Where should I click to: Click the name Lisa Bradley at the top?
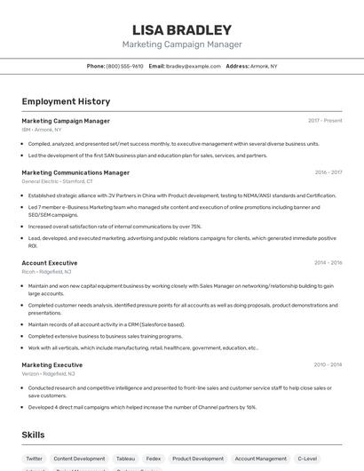pyautogui.click(x=181, y=29)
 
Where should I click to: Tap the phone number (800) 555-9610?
pyautogui.click(x=124, y=66)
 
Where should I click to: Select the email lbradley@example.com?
pyautogui.click(x=193, y=66)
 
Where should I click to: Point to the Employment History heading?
pyautogui.click(x=66, y=101)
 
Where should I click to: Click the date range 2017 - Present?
pyautogui.click(x=325, y=120)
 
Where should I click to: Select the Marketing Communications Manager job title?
pyautogui.click(x=75, y=172)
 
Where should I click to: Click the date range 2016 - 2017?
pyautogui.click(x=328, y=172)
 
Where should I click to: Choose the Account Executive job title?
pyautogui.click(x=50, y=263)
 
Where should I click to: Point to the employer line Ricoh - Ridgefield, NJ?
pyautogui.click(x=46, y=272)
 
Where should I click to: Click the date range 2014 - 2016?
pyautogui.click(x=328, y=263)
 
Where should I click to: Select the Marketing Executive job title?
pyautogui.click(x=51, y=364)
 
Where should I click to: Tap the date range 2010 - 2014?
pyautogui.click(x=328, y=364)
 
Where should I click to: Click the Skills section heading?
pyautogui.click(x=34, y=435)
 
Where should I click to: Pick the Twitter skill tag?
pyautogui.click(x=34, y=459)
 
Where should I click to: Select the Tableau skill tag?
pyautogui.click(x=125, y=459)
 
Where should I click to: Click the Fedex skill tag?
pyautogui.click(x=154, y=459)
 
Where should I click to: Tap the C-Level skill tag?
pyautogui.click(x=307, y=459)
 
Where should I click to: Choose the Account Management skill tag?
pyautogui.click(x=260, y=459)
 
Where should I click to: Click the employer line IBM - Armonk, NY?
pyautogui.click(x=42, y=129)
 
